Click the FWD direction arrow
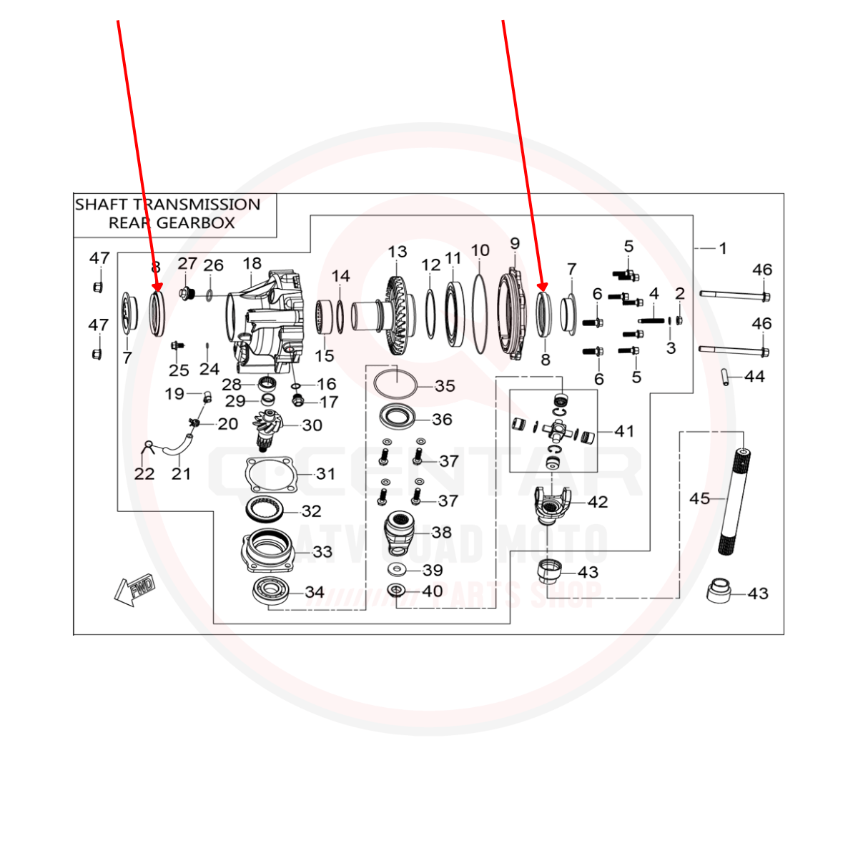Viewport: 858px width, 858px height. pyautogui.click(x=134, y=590)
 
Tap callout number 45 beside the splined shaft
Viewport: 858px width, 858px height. pyautogui.click(x=699, y=498)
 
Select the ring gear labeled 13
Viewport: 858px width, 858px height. pyautogui.click(x=396, y=315)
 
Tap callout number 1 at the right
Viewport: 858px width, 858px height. pyautogui.click(x=723, y=248)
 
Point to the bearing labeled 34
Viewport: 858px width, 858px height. pyautogui.click(x=270, y=591)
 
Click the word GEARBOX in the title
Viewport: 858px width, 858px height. pyautogui.click(x=195, y=223)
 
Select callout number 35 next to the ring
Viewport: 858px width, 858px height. pyautogui.click(x=445, y=386)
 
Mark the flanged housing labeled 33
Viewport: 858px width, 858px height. pyautogui.click(x=268, y=551)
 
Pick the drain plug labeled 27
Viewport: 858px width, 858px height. pyautogui.click(x=187, y=292)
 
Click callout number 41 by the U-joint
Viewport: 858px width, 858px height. pyautogui.click(x=624, y=431)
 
